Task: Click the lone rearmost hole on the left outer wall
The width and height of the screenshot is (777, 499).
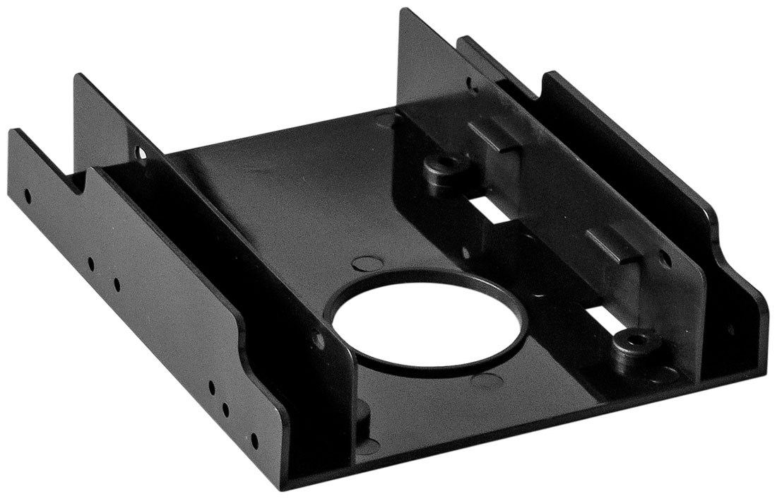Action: (x=27, y=192)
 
